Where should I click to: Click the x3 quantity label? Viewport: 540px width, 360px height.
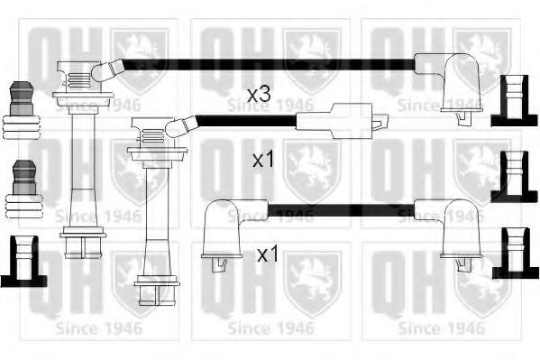[259, 94]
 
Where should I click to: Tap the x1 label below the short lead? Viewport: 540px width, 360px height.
[263, 160]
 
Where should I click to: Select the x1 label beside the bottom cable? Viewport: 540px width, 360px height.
[268, 254]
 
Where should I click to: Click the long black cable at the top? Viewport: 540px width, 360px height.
[269, 65]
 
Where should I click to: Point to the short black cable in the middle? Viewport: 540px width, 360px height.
[247, 121]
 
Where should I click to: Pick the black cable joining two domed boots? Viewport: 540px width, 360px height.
[341, 210]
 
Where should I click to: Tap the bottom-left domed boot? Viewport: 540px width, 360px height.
[231, 231]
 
